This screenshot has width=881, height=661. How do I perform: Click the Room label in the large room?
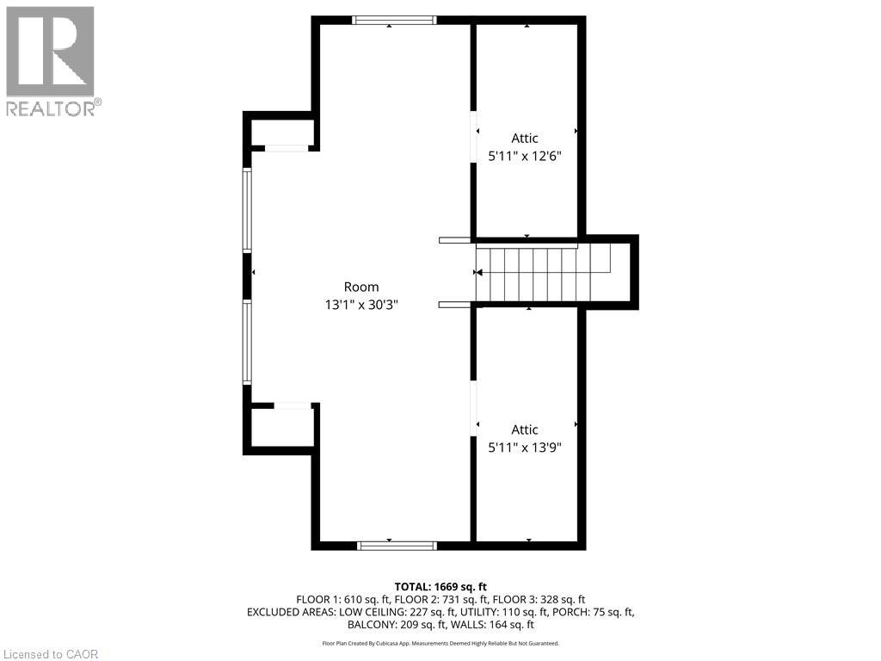[x=361, y=287]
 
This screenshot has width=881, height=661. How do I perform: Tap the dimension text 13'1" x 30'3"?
[x=361, y=305]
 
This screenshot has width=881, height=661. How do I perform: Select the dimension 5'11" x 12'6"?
[x=525, y=157]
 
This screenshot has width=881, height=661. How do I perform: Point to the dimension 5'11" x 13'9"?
[x=525, y=448]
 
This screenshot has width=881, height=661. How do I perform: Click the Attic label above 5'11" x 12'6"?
[x=525, y=139]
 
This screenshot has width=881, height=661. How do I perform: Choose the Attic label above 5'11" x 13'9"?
[x=525, y=429]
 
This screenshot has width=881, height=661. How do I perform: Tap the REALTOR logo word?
[x=51, y=108]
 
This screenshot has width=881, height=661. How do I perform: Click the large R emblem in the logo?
[x=50, y=51]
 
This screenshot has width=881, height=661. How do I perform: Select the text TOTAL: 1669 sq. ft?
[x=440, y=587]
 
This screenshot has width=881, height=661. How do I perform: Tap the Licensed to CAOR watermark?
[x=51, y=654]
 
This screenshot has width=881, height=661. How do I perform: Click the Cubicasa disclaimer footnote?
[x=440, y=643]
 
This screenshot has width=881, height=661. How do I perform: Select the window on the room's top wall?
[x=394, y=21]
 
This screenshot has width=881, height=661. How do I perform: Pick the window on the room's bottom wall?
[x=397, y=546]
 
